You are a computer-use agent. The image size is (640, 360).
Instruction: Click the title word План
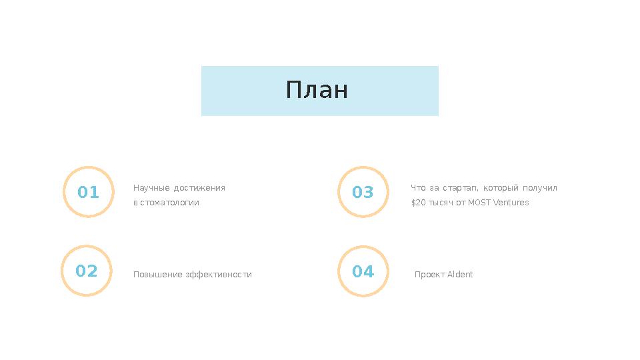pyautogui.click(x=317, y=90)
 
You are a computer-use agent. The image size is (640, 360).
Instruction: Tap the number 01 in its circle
pyautogui.click(x=88, y=193)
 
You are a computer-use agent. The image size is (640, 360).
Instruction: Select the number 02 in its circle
pyautogui.click(x=87, y=271)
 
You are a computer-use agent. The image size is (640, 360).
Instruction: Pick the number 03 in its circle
pyautogui.click(x=363, y=193)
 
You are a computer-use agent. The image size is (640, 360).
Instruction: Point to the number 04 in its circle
pyautogui.click(x=363, y=271)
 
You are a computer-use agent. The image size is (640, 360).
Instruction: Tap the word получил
pyautogui.click(x=540, y=188)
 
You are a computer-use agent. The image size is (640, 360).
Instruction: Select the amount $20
pyautogui.click(x=418, y=203)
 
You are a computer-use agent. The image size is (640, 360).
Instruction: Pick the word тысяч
pyautogui.click(x=441, y=203)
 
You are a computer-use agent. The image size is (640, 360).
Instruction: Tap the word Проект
pyautogui.click(x=429, y=275)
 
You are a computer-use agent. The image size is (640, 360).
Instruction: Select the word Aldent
pyautogui.click(x=460, y=275)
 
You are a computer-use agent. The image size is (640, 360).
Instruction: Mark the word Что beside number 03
pyautogui.click(x=418, y=188)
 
